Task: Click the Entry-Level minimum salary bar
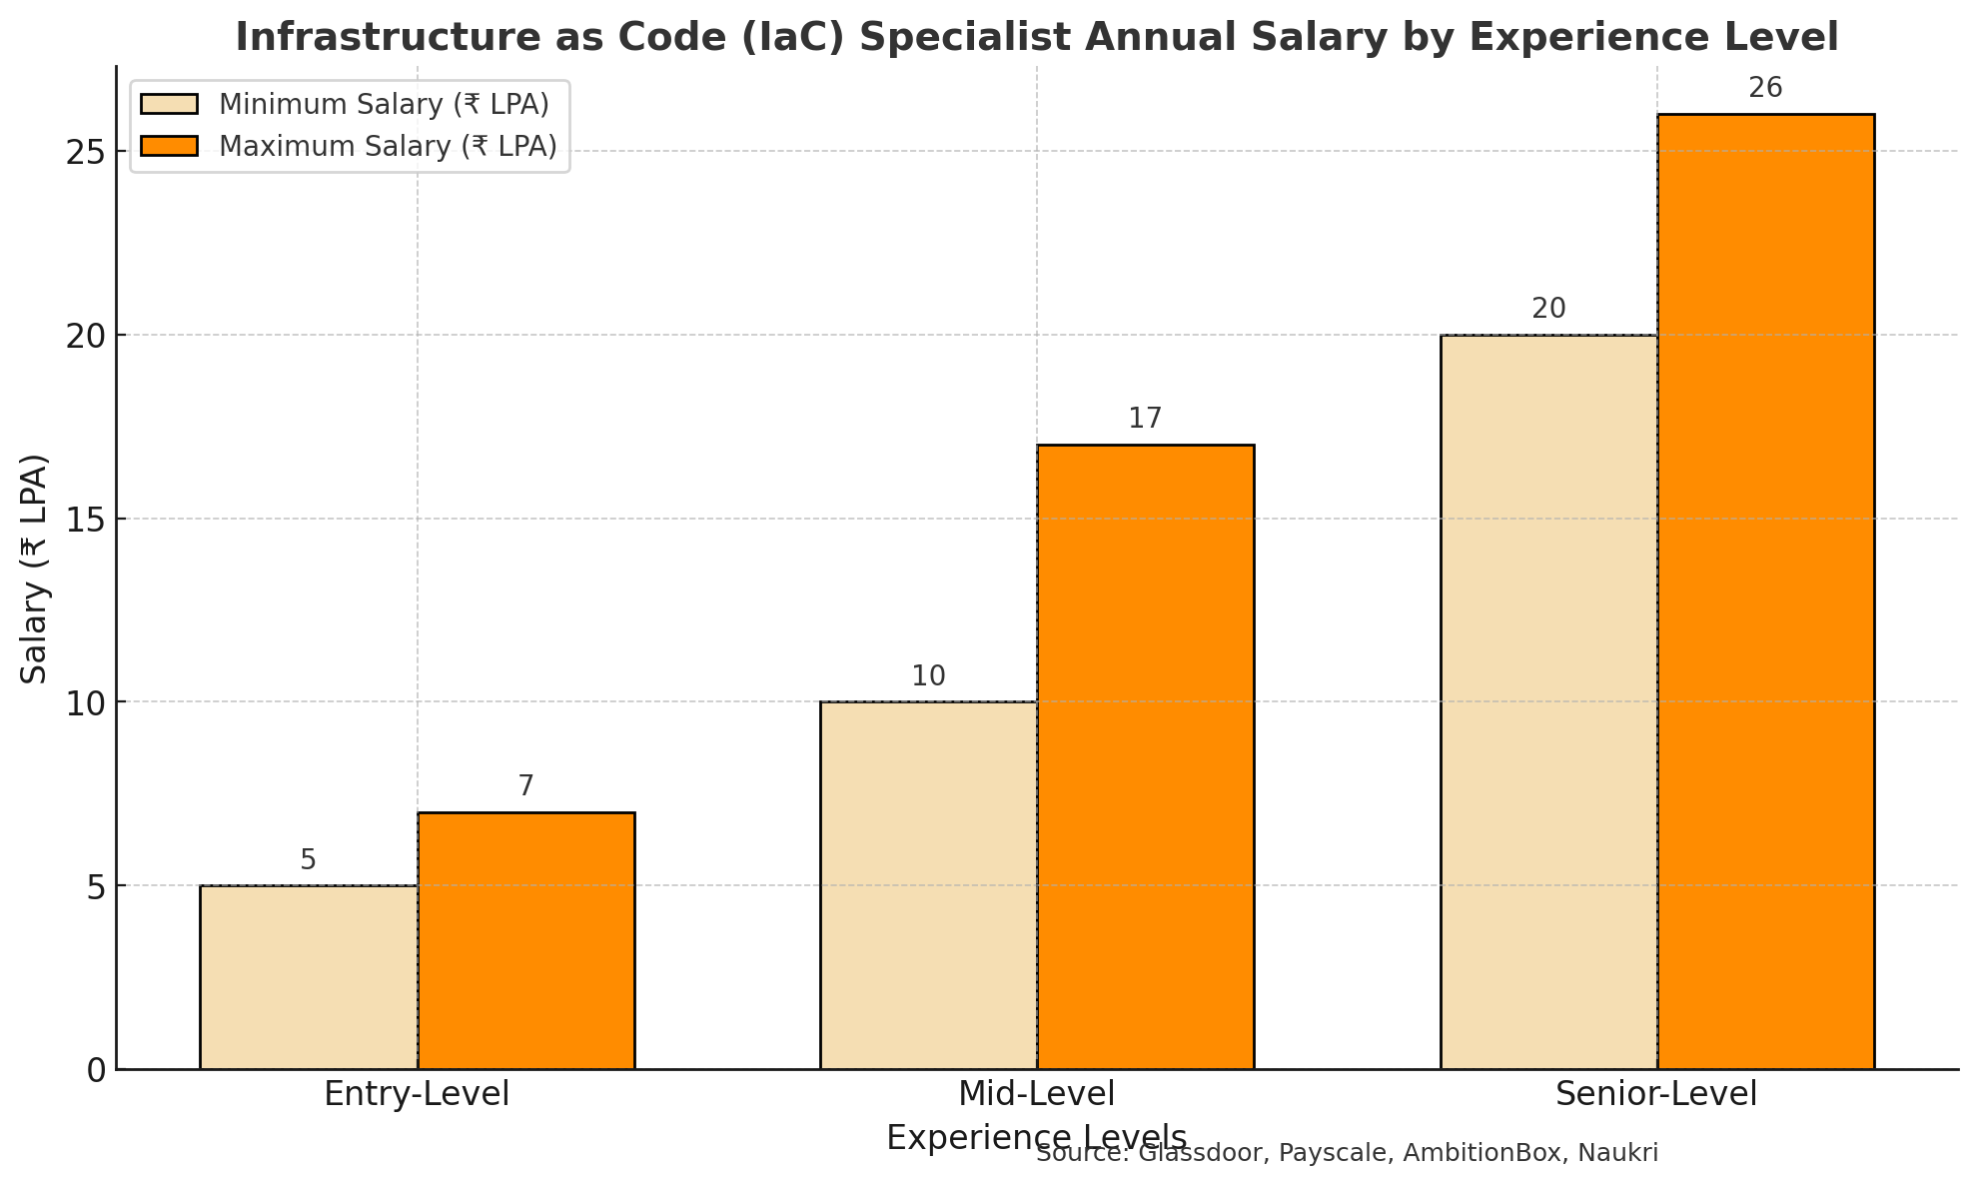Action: click(309, 977)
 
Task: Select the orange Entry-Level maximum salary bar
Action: click(525, 940)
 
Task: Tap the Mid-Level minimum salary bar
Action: click(928, 885)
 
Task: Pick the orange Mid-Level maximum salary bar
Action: click(1145, 756)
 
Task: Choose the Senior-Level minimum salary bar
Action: click(1548, 701)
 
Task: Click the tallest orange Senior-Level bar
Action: click(1765, 592)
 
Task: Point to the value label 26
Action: click(1765, 89)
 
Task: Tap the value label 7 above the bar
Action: click(525, 787)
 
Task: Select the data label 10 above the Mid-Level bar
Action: click(928, 677)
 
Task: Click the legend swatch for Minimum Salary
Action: click(170, 105)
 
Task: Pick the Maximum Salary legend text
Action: click(388, 147)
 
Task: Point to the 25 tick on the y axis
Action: click(85, 152)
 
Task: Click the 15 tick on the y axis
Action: click(85, 519)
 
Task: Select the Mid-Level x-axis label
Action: click(1036, 1095)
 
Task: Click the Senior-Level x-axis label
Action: click(1656, 1095)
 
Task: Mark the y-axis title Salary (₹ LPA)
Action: click(36, 569)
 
